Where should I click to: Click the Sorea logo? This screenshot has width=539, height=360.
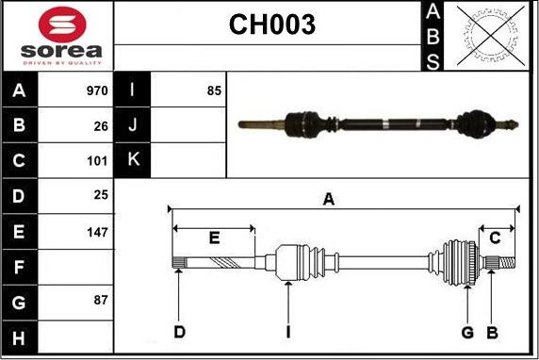click(59, 36)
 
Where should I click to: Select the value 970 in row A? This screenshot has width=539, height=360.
click(97, 91)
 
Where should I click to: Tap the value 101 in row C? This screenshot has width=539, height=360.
click(98, 160)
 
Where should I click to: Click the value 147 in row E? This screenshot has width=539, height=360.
click(98, 230)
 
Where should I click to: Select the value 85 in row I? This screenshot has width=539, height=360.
click(214, 91)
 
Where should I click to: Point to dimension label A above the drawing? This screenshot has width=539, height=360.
click(329, 199)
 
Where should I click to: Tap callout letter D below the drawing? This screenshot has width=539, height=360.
click(179, 332)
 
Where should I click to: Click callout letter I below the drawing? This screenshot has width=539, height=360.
click(289, 332)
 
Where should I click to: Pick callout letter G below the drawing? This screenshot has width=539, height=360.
click(467, 332)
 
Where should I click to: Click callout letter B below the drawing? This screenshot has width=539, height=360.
click(491, 332)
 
